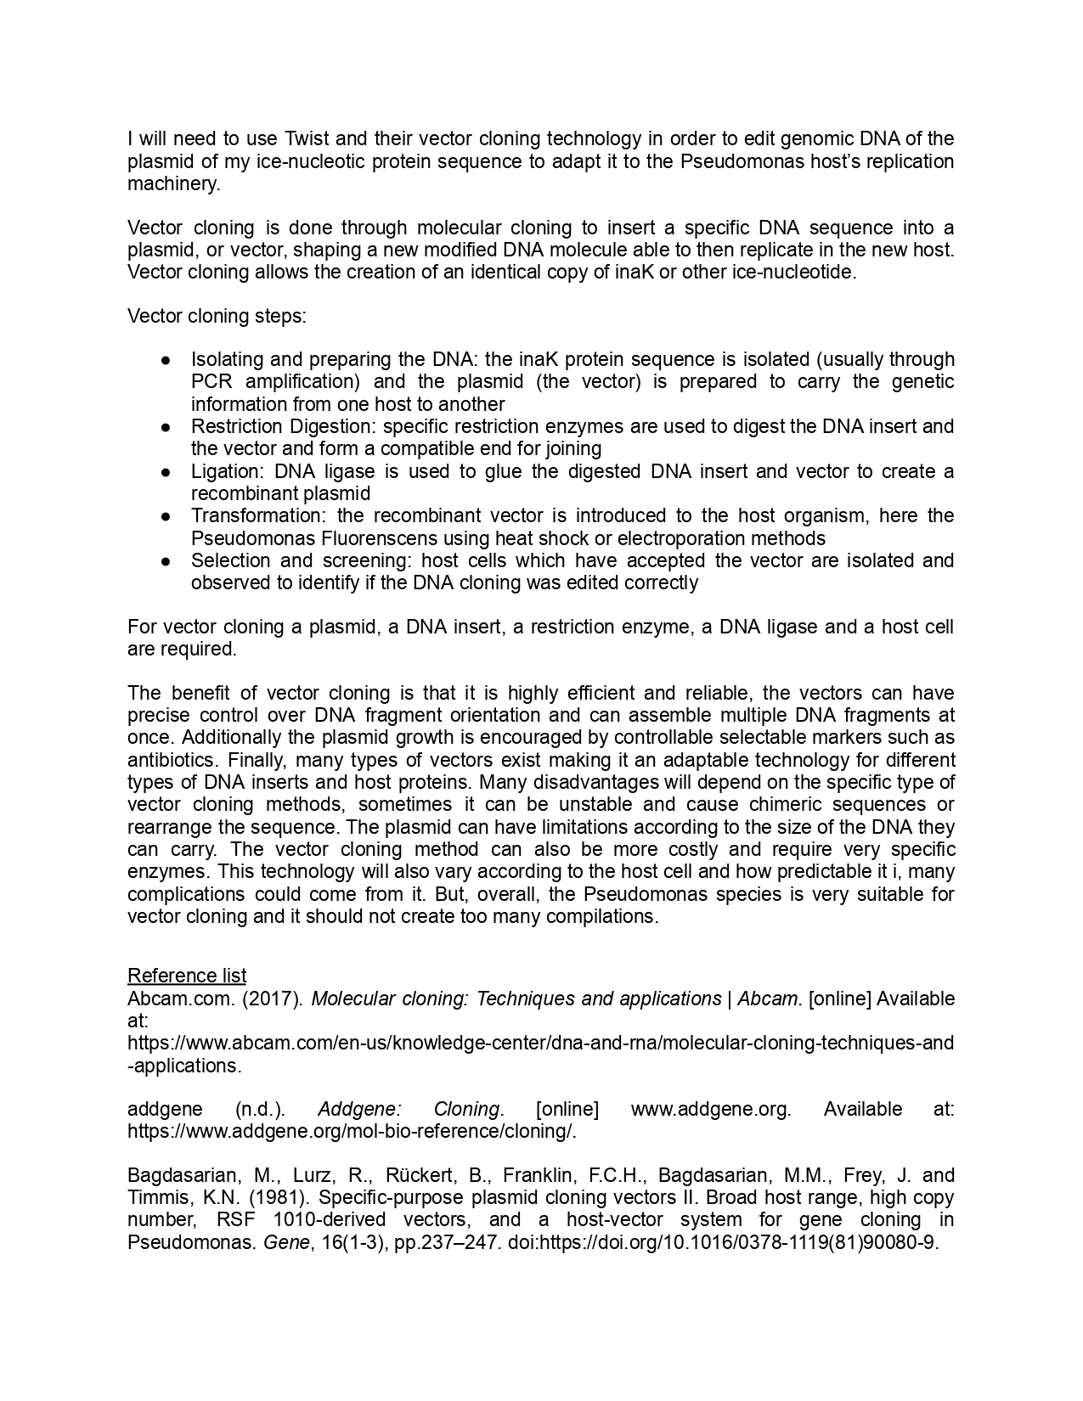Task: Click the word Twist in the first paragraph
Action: click(308, 139)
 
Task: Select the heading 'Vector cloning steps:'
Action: click(217, 317)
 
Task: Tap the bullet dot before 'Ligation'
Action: click(167, 472)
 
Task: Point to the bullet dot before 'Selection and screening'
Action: click(167, 561)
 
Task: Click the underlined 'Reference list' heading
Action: click(187, 976)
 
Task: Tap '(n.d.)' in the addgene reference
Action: click(260, 1110)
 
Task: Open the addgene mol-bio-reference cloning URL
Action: click(352, 1132)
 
